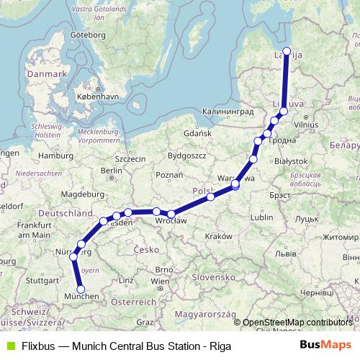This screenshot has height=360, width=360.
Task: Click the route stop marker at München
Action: click(x=81, y=289)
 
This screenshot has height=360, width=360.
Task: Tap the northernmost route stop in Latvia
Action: click(x=287, y=50)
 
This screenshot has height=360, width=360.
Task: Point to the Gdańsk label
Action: click(x=197, y=133)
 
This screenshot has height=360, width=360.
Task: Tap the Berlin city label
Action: click(x=112, y=171)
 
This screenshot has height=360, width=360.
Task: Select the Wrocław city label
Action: click(x=172, y=222)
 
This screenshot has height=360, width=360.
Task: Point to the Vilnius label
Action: click(x=305, y=125)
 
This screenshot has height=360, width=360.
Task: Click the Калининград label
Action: click(x=229, y=112)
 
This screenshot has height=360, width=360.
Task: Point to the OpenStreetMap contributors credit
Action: click(x=297, y=323)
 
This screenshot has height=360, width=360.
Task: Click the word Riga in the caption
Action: click(x=220, y=346)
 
